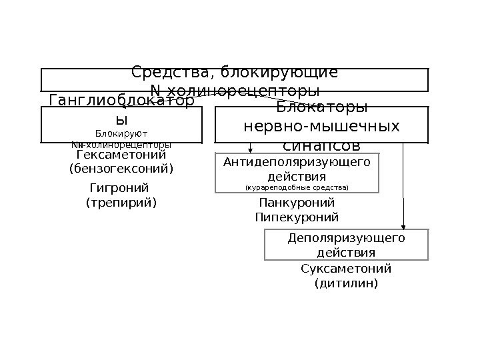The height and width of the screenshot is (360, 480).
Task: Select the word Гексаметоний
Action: pos(121,155)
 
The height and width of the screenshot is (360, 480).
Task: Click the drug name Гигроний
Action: pos(119,188)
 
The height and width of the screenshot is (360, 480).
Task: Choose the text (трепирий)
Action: pos(121,201)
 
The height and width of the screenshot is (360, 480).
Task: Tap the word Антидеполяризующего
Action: pos(297,162)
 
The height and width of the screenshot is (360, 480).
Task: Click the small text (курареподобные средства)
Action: pos(297,188)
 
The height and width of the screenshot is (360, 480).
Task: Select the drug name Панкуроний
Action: pos(296,203)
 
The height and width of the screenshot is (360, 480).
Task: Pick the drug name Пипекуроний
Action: pos(297,217)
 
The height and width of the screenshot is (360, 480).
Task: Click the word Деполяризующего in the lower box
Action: pos(346,239)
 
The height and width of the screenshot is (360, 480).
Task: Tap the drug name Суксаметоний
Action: pos(346,269)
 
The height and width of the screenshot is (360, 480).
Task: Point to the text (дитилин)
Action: pos(345,283)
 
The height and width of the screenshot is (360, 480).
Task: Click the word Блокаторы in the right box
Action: pos(322,109)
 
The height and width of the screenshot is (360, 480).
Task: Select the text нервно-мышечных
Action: pos(322,127)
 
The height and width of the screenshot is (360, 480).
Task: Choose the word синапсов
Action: pos(322,145)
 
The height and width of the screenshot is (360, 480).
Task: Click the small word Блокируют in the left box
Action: pos(121,133)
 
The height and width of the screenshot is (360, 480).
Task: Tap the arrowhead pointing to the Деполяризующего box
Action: pos(403,225)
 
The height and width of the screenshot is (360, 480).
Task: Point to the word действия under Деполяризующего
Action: pos(345,253)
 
